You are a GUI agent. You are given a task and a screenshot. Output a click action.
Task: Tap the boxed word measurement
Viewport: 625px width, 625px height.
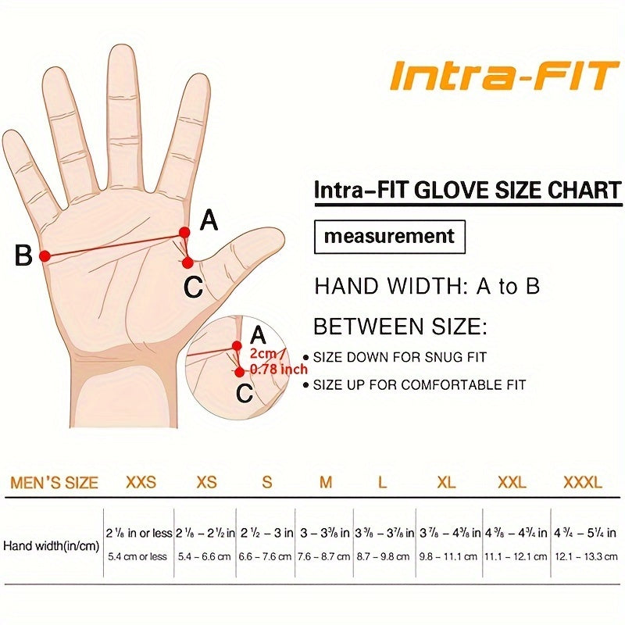(389, 236)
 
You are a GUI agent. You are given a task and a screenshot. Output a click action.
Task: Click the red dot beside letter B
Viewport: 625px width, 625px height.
(45, 255)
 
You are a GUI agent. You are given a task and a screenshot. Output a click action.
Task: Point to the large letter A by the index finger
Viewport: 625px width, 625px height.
(208, 221)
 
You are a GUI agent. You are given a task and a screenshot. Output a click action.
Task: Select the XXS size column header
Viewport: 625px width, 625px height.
(141, 482)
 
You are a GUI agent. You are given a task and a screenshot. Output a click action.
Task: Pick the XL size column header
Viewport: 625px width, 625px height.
(446, 482)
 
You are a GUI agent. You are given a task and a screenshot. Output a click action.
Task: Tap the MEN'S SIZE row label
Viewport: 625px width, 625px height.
(54, 482)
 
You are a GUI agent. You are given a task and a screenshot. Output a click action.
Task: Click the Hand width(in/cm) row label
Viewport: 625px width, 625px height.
(51, 546)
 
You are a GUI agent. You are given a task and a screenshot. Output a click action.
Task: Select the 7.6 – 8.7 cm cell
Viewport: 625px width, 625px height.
(324, 557)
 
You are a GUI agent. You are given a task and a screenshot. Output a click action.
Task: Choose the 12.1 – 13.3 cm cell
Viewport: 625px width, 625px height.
(583, 557)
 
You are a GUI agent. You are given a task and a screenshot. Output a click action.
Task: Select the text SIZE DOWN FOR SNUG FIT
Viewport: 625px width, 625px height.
(400, 357)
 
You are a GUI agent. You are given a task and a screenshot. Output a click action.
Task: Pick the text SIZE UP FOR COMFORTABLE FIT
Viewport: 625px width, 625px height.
(420, 384)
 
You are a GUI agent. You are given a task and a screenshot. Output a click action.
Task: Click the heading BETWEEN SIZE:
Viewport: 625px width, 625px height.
(399, 325)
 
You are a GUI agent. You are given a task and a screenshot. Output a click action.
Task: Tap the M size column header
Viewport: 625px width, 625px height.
(326, 482)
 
